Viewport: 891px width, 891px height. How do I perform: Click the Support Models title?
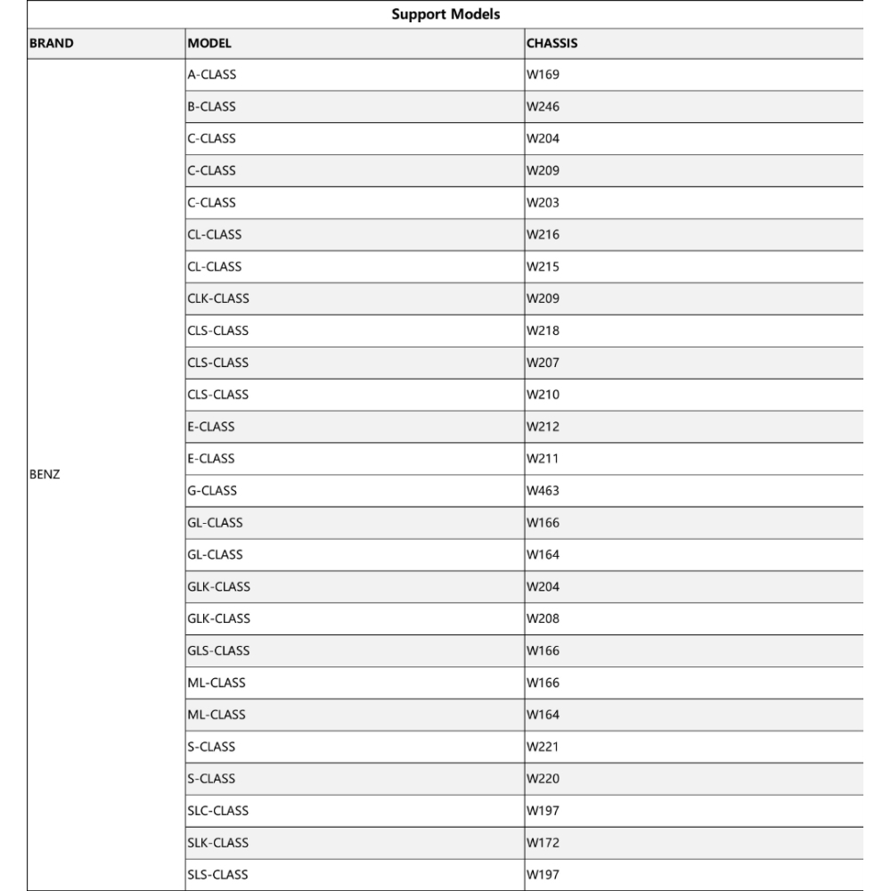click(445, 14)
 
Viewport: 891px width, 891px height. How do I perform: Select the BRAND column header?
click(52, 43)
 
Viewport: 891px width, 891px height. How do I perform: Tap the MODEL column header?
click(209, 43)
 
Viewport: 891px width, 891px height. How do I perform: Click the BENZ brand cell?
click(45, 475)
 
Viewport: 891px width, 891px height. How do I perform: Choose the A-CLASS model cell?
click(212, 75)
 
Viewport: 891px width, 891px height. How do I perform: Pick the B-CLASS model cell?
click(212, 107)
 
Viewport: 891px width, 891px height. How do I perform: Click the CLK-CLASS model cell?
click(218, 298)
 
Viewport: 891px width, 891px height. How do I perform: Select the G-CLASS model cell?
click(212, 491)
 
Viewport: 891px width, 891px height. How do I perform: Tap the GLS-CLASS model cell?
click(218, 650)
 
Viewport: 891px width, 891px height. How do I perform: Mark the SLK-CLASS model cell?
click(218, 843)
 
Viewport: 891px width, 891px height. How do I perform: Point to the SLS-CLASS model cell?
click(218, 875)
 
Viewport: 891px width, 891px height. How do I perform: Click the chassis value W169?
click(543, 75)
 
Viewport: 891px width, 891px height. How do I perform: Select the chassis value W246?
click(543, 107)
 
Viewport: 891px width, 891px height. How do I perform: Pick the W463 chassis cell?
click(543, 491)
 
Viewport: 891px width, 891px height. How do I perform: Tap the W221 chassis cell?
click(543, 747)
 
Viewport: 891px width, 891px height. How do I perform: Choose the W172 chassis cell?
click(543, 843)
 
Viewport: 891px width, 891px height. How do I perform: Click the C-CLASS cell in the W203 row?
click(212, 202)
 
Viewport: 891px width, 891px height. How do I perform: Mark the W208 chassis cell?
click(543, 618)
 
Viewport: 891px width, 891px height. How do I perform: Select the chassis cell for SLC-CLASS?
click(543, 811)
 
